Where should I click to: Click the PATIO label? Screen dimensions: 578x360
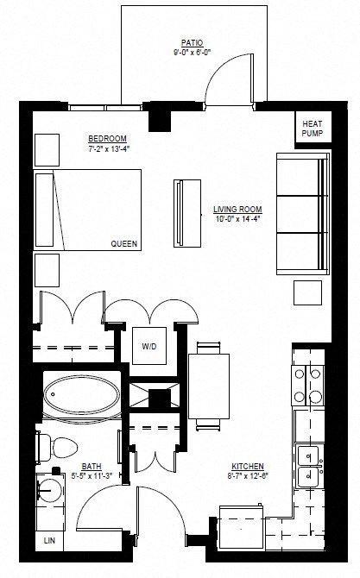192,41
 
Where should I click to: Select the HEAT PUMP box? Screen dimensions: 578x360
312,129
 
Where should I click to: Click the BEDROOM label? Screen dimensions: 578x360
107,139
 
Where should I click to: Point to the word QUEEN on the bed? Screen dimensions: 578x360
124,244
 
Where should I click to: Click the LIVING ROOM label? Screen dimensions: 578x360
237,210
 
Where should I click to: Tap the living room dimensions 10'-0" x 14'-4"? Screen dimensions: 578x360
237,219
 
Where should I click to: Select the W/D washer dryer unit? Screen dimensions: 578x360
150,346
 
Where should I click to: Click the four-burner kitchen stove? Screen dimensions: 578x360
310,385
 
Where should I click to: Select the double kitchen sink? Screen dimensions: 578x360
309,465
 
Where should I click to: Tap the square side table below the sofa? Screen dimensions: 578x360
307,292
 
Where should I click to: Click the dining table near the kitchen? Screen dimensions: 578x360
209,386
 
